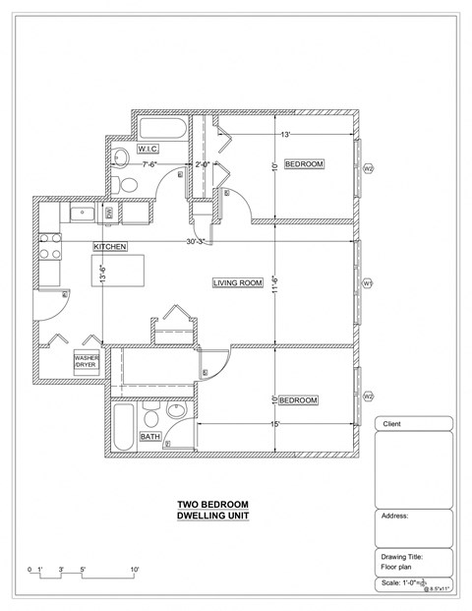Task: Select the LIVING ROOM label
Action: click(238, 283)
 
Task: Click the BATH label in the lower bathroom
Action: click(150, 436)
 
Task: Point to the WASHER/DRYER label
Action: click(86, 360)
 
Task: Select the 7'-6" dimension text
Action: click(151, 164)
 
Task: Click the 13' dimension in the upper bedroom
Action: click(285, 134)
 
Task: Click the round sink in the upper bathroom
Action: click(120, 155)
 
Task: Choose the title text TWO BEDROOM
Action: click(211, 505)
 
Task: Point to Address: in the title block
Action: click(394, 516)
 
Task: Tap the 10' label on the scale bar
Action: click(134, 570)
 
